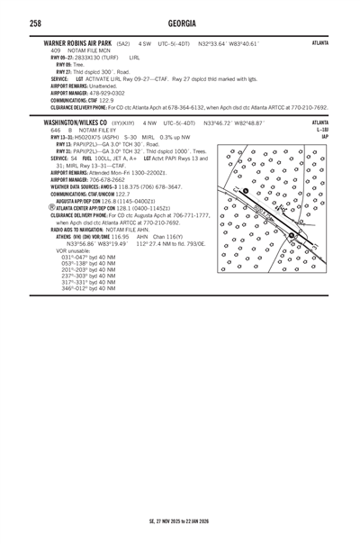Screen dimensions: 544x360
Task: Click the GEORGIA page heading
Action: click(x=180, y=22)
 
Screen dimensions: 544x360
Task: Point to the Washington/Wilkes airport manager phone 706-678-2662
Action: click(x=99, y=179)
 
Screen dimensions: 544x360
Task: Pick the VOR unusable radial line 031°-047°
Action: click(x=89, y=257)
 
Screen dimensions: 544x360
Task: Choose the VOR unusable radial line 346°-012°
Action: click(x=89, y=288)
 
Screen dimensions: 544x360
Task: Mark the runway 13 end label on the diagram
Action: click(x=244, y=190)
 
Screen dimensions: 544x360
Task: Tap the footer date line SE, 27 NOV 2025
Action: click(x=180, y=520)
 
